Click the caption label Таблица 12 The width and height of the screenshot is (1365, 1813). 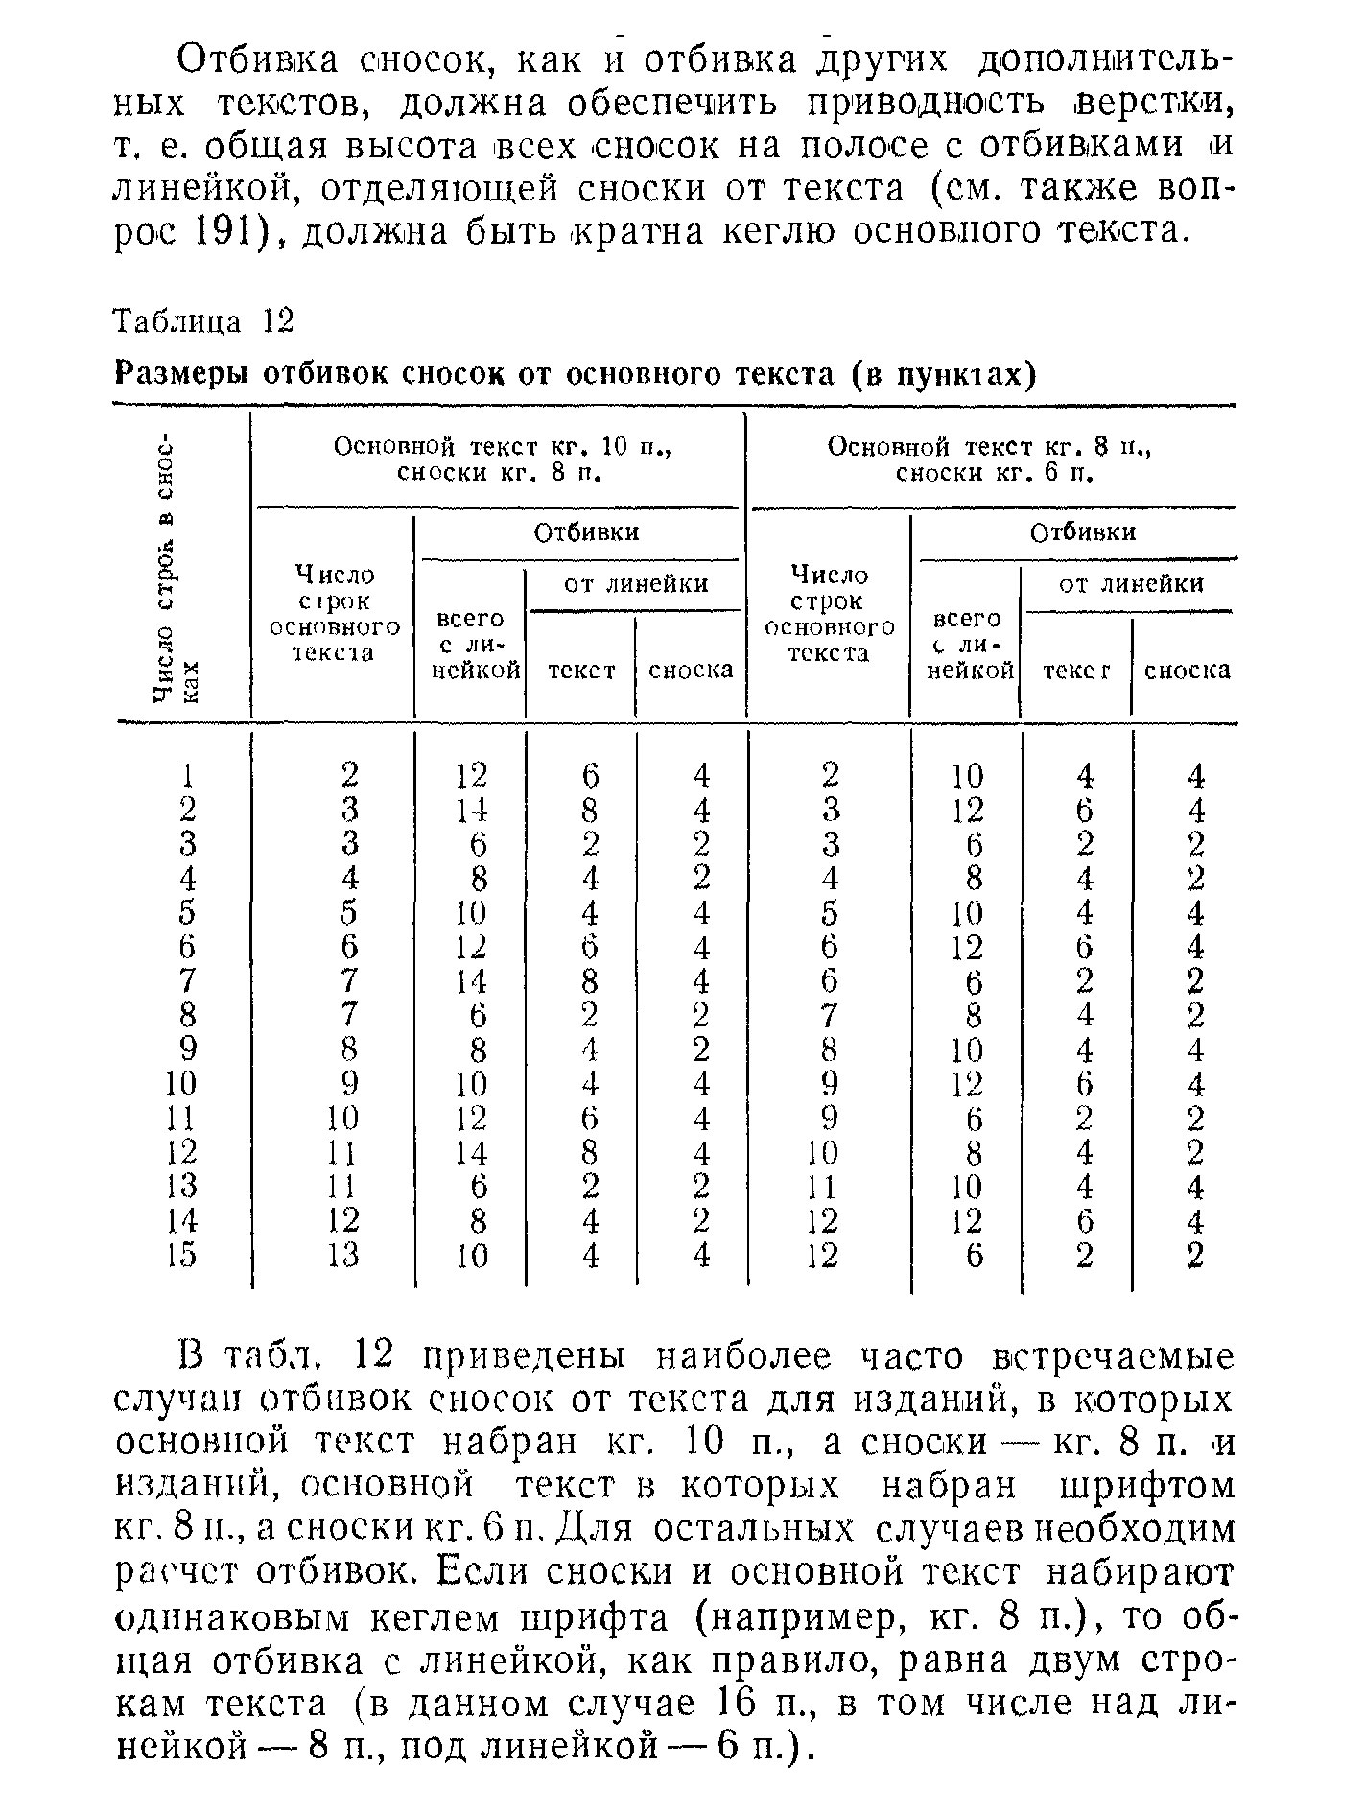coord(202,320)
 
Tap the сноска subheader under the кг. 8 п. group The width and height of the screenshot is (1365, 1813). coord(1188,670)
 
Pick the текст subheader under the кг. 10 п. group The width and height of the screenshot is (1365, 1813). coord(580,670)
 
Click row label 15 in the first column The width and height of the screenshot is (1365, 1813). coord(181,1255)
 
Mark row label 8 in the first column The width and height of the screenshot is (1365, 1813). coord(188,1015)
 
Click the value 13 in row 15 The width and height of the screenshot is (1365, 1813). coord(342,1255)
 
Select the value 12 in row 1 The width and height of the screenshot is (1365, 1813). coord(471,774)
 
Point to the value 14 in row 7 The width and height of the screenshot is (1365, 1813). coord(471,981)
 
